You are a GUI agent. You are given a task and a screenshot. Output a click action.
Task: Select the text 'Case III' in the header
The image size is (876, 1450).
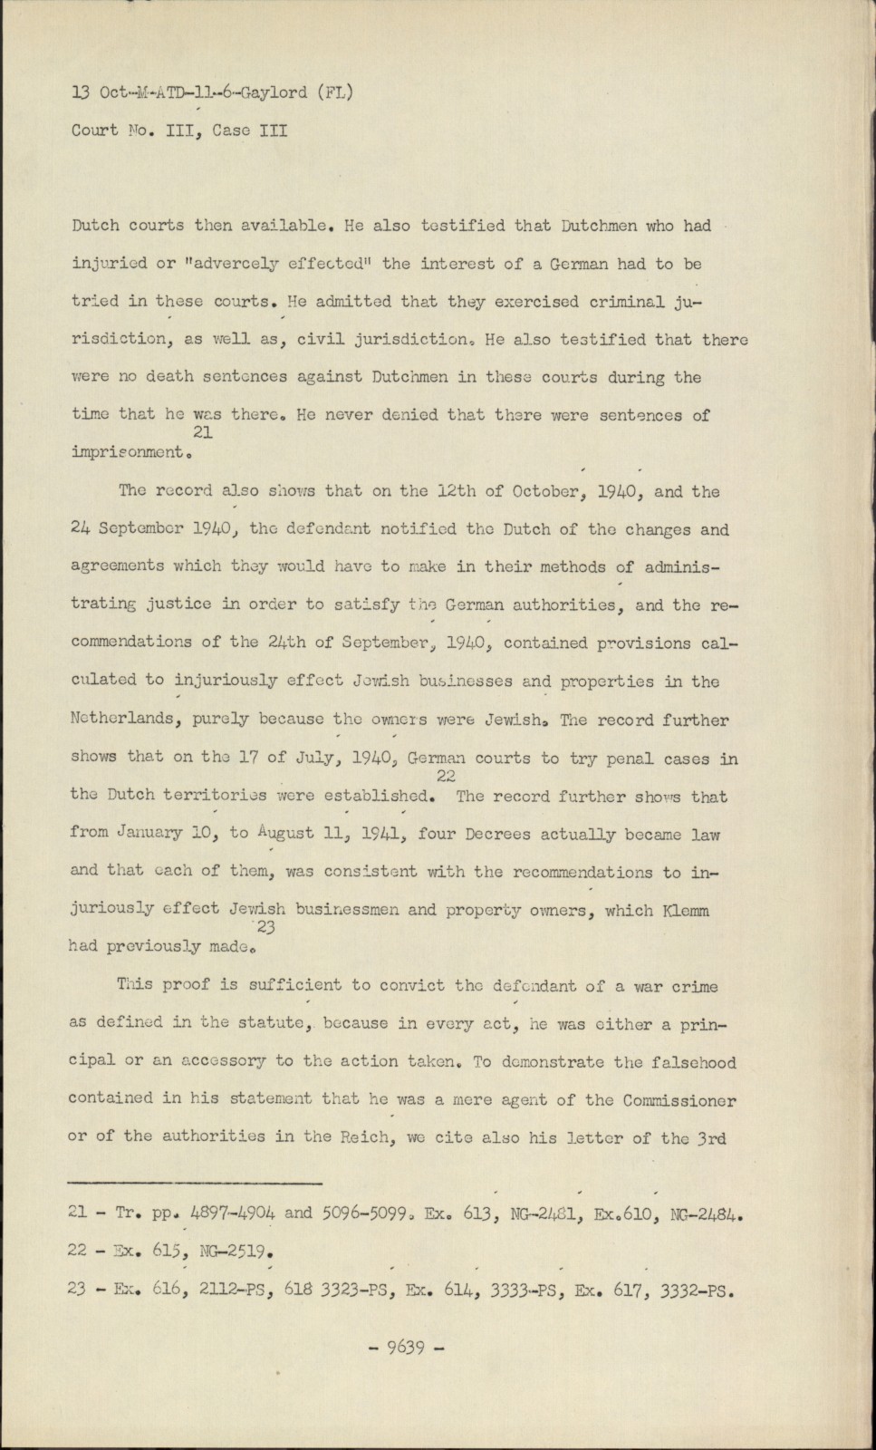pyautogui.click(x=249, y=130)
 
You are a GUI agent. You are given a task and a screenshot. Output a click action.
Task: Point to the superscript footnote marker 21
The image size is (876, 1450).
pyautogui.click(x=203, y=433)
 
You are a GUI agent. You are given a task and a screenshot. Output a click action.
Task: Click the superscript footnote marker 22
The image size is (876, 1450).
pyautogui.click(x=445, y=777)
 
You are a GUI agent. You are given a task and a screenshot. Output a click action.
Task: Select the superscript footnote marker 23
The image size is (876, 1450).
pyautogui.click(x=266, y=927)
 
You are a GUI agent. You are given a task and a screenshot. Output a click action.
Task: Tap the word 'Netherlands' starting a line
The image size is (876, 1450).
pyautogui.click(x=115, y=720)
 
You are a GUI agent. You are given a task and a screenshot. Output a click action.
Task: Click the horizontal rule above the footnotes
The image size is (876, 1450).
pyautogui.click(x=195, y=1182)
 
